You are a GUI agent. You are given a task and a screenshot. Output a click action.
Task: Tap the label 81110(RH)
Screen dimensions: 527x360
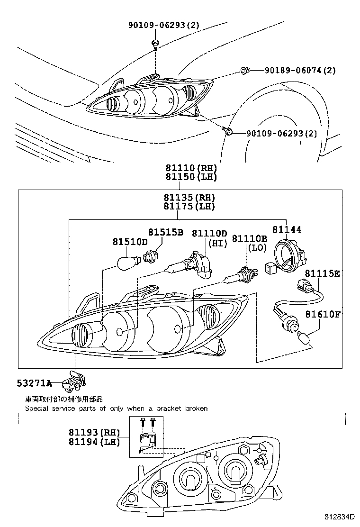(x=190, y=168)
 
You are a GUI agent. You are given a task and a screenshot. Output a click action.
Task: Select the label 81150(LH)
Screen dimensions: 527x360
(x=190, y=177)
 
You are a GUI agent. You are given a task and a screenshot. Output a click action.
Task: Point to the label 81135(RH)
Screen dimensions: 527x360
(x=189, y=198)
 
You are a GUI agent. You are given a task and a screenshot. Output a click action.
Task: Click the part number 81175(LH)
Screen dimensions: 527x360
(x=189, y=207)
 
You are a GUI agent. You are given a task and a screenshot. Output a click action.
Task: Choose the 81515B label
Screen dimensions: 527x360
(x=165, y=232)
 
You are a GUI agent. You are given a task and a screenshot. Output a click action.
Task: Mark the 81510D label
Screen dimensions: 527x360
(x=130, y=242)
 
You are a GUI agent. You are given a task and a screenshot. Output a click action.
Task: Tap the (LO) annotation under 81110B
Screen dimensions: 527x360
(x=256, y=247)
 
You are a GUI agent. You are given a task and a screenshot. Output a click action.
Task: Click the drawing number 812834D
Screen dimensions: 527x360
(x=340, y=517)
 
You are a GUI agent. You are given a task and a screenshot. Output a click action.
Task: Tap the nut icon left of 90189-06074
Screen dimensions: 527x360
(x=244, y=71)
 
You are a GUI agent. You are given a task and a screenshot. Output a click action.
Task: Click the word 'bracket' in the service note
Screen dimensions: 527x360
(x=167, y=408)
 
